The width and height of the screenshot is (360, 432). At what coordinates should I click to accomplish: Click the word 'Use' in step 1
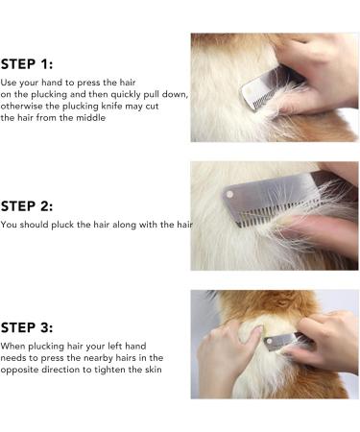click(10, 83)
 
